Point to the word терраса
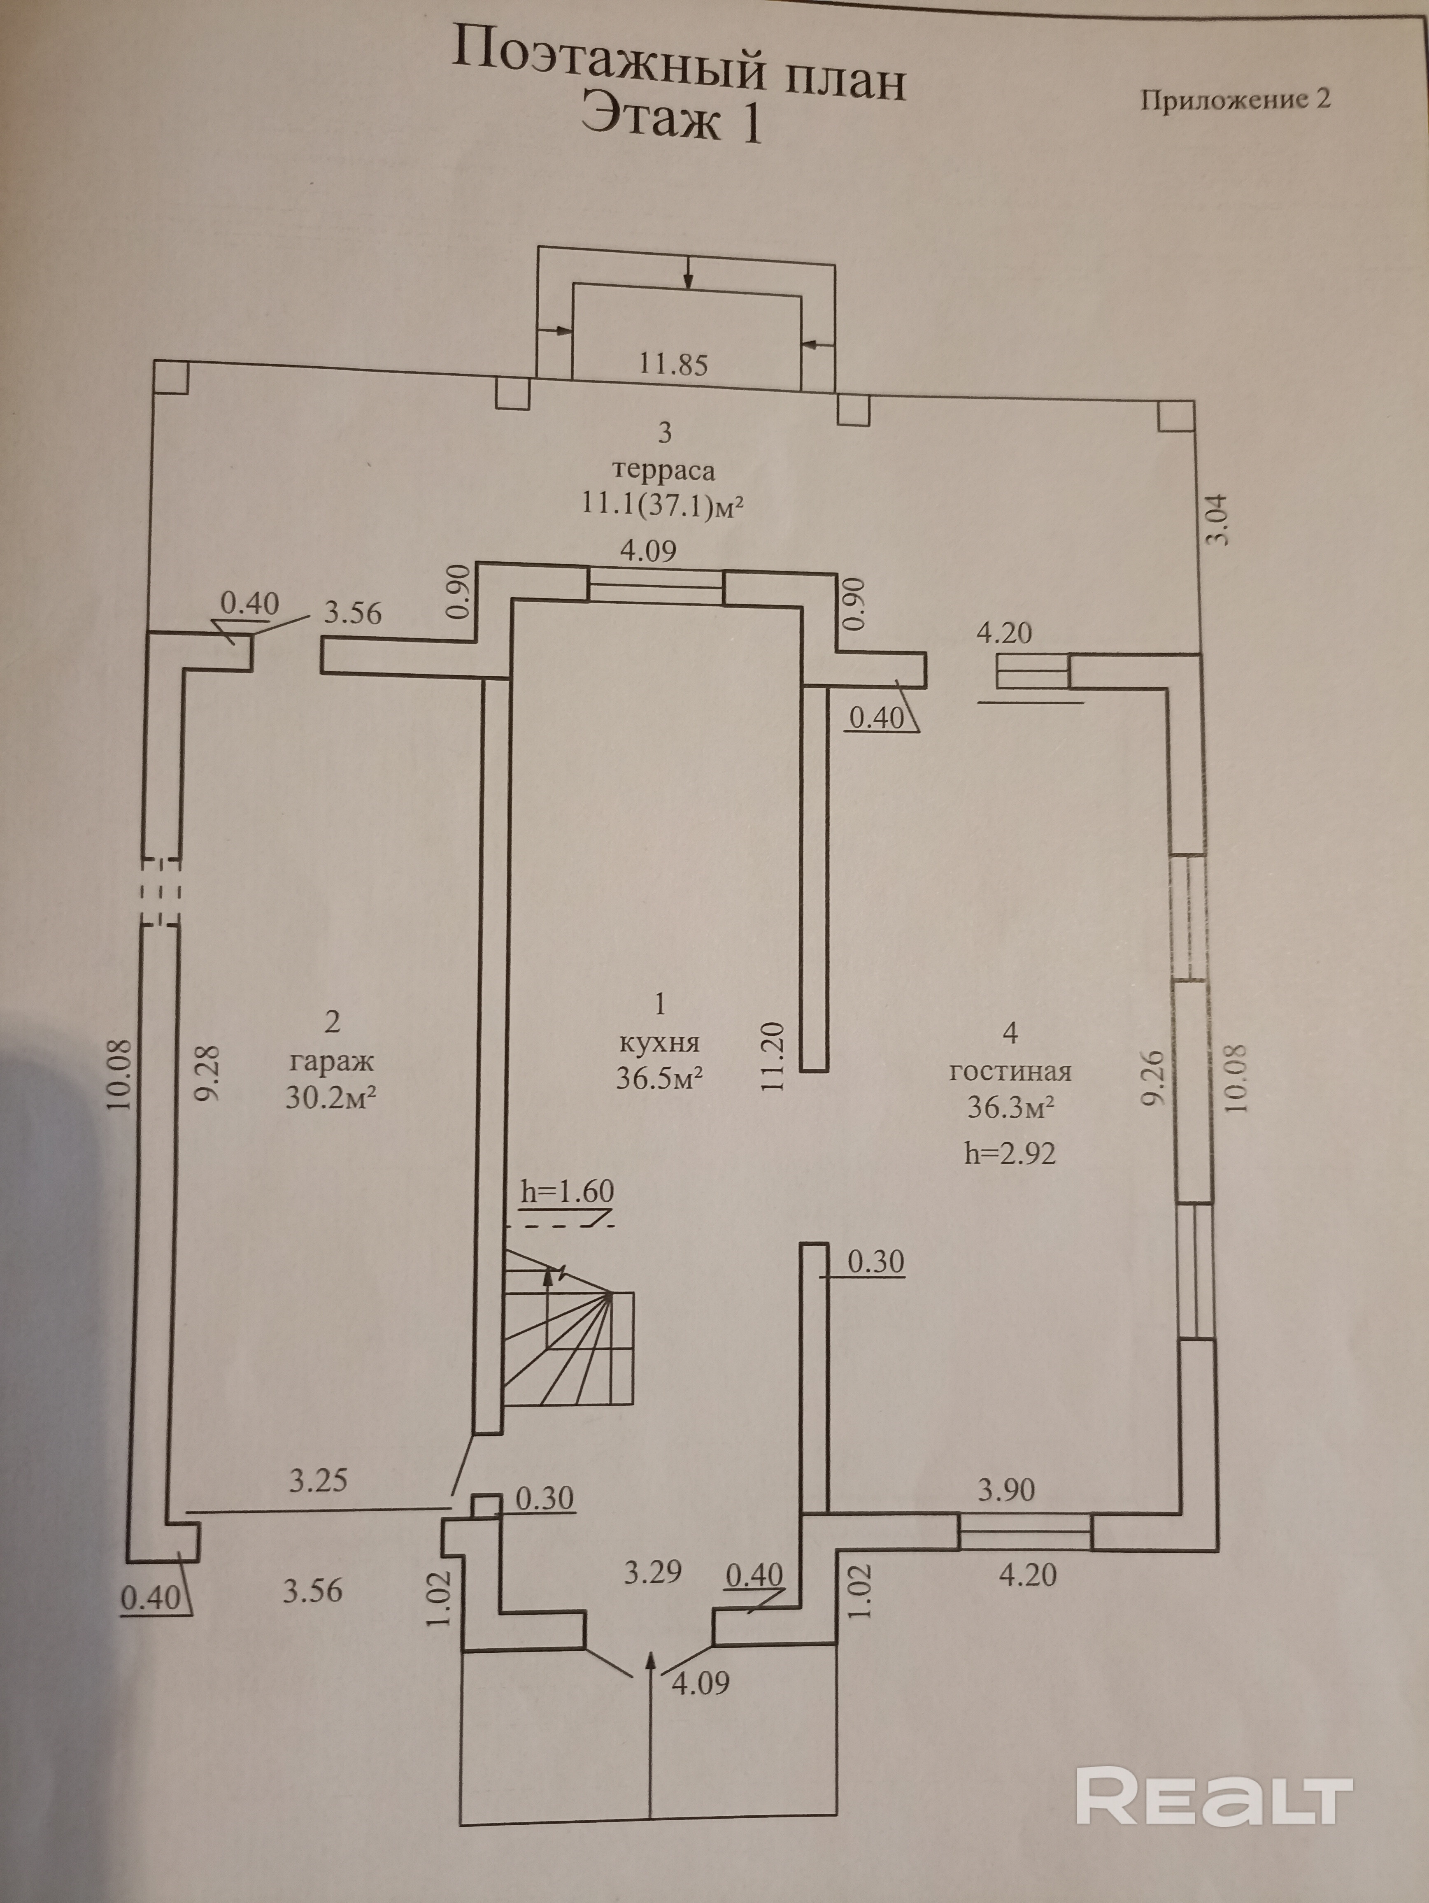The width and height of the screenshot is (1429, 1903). [x=663, y=470]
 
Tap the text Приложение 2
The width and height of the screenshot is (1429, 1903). [x=1236, y=100]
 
